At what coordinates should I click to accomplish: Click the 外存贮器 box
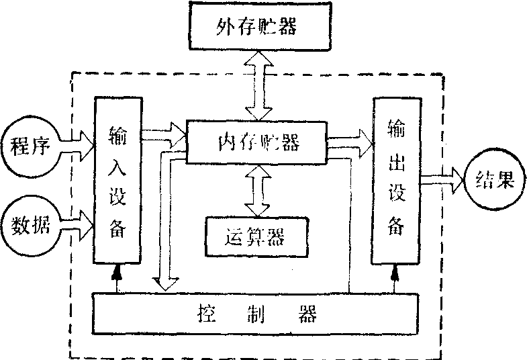click(257, 28)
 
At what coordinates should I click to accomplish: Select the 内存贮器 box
click(257, 142)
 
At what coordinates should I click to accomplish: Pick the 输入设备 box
click(117, 179)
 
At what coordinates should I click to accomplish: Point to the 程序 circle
click(29, 146)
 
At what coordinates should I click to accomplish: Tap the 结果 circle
click(493, 180)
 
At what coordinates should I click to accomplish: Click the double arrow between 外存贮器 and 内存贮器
click(258, 85)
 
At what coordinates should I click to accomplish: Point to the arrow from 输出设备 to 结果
click(441, 179)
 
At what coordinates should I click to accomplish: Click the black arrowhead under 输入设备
click(118, 272)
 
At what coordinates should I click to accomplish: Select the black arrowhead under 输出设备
click(395, 272)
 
